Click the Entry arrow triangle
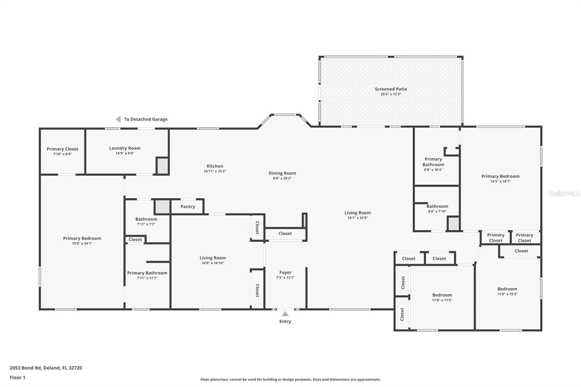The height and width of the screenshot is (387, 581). tap(285, 314)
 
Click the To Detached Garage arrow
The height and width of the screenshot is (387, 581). tap(118, 119)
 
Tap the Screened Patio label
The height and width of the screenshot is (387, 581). tap(391, 89)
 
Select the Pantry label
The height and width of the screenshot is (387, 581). tap(188, 207)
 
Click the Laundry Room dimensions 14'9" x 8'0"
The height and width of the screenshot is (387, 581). tap(125, 153)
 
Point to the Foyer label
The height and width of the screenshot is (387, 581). tap(285, 272)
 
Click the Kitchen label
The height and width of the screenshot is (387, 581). tap(215, 166)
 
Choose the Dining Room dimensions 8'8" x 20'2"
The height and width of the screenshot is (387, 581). tap(282, 178)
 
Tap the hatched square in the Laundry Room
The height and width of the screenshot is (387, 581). tap(162, 166)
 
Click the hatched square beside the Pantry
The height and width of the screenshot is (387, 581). tap(162, 207)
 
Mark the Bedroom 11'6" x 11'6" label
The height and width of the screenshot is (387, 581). tap(442, 295)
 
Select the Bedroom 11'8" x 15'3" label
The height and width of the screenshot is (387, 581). tap(507, 289)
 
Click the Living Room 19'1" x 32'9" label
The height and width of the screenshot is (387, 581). tap(357, 213)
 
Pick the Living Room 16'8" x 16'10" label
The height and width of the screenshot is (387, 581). tap(212, 258)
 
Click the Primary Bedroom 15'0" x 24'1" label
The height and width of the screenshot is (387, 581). tap(82, 238)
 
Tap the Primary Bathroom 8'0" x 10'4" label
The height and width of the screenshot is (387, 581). tap(433, 162)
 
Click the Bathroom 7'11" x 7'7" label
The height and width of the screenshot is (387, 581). tap(146, 219)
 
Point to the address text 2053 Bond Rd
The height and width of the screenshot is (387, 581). tap(46, 368)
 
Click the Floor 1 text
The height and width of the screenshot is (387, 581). tap(17, 378)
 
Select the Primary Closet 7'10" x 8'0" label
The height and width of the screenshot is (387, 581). tap(62, 149)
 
